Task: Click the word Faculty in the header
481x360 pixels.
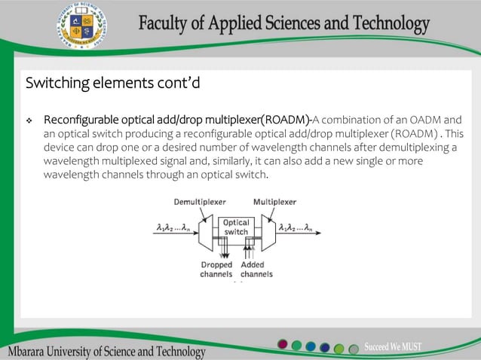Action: [165, 24]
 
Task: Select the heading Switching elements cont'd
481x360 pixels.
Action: [112, 82]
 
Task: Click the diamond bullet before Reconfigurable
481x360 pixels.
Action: [29, 121]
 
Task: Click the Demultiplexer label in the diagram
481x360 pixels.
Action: [200, 202]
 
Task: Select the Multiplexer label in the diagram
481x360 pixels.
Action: [274, 202]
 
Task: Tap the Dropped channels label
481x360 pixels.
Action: [216, 270]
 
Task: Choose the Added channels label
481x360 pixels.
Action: [256, 270]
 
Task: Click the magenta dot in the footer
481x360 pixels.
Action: [283, 345]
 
